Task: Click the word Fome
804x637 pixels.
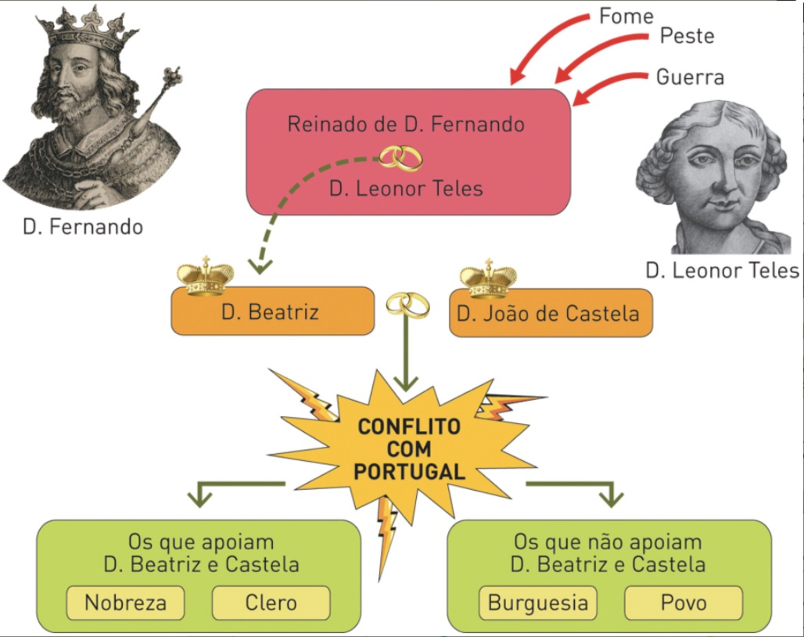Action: [626, 17]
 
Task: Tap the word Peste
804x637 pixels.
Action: [687, 36]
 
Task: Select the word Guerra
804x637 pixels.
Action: [690, 77]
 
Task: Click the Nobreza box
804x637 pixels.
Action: [125, 603]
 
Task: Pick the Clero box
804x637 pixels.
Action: [271, 603]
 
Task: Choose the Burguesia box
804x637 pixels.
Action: [537, 603]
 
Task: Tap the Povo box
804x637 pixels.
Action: [683, 603]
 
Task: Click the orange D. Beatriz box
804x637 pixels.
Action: [272, 312]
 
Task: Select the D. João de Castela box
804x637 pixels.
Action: [551, 313]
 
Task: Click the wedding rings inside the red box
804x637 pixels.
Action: [402, 158]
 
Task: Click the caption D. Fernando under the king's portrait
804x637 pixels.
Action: [83, 227]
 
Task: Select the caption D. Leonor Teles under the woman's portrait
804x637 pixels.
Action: [722, 271]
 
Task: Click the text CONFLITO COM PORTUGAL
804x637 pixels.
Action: [409, 449]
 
